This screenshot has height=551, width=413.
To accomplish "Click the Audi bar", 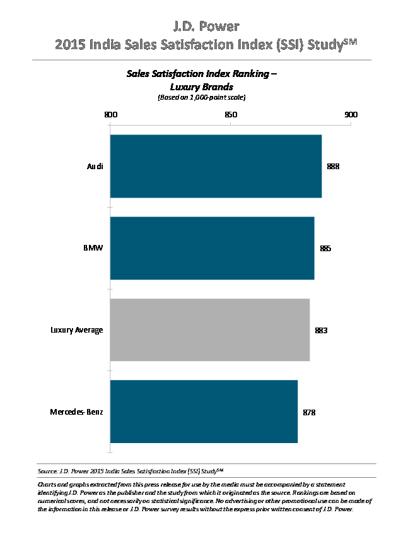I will tap(216, 166).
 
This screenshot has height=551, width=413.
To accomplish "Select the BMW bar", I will tap(212, 248).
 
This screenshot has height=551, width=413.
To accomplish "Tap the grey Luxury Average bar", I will tap(209, 329).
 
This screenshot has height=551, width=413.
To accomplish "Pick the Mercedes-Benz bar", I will tap(204, 412).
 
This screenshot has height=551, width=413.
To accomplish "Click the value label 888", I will tap(333, 167).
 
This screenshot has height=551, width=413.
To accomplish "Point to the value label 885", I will tap(325, 249).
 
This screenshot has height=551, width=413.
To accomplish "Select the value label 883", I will tap(321, 330).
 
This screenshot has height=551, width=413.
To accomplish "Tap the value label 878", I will tap(308, 412).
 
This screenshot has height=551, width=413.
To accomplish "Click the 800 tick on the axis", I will tap(110, 115).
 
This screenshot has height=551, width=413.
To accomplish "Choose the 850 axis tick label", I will tap(231, 115).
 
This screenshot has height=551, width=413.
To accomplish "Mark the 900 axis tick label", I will tap(351, 115).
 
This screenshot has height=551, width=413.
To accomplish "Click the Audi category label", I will tap(95, 167).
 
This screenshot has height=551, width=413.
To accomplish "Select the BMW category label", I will tap(94, 248).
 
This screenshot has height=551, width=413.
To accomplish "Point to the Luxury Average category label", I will tap(77, 330).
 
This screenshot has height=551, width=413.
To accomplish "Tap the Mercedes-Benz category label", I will tap(77, 412).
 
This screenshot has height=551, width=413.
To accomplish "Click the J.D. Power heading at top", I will tap(206, 27).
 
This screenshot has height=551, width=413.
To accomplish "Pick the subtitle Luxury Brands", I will tap(202, 86).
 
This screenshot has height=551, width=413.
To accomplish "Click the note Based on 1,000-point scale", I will tap(201, 98).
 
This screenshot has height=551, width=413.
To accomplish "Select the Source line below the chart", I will tap(131, 471).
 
